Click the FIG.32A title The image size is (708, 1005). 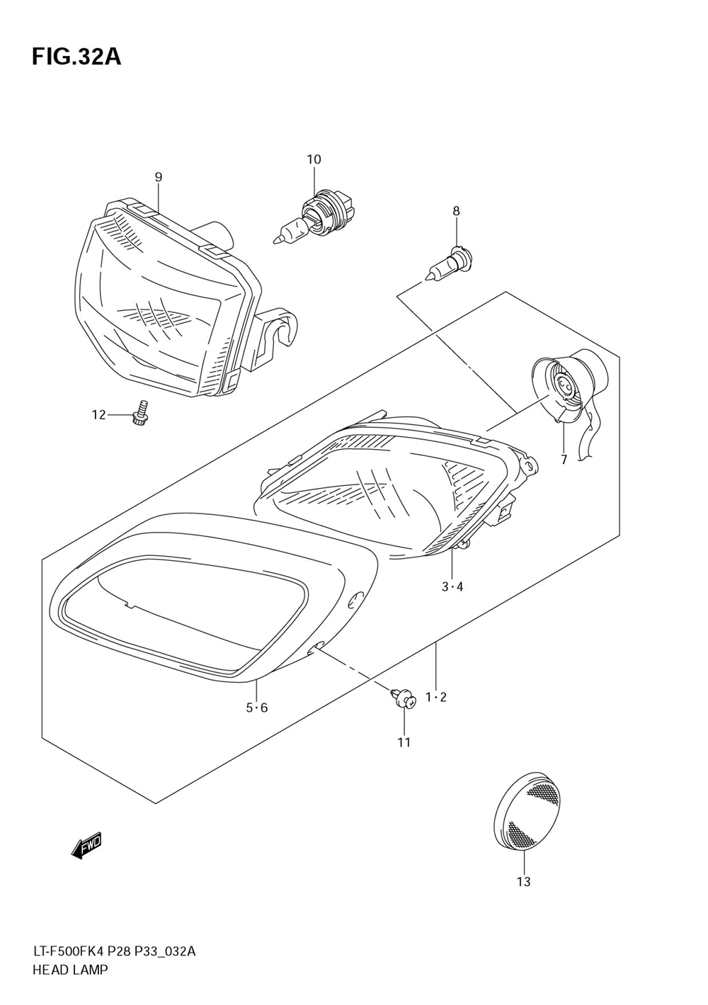click(76, 57)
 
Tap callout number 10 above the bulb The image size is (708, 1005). click(314, 159)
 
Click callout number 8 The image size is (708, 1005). click(456, 210)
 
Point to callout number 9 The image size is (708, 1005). click(158, 177)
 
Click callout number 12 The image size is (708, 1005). click(98, 414)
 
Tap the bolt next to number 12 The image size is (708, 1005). click(140, 414)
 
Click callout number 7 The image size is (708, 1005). click(564, 460)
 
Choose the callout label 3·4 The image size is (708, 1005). click(452, 586)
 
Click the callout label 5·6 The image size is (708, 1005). click(257, 708)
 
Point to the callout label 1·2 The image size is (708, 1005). click(436, 698)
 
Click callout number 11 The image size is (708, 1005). click(404, 742)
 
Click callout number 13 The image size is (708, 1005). click(523, 882)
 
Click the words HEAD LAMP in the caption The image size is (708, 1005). click(70, 970)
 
